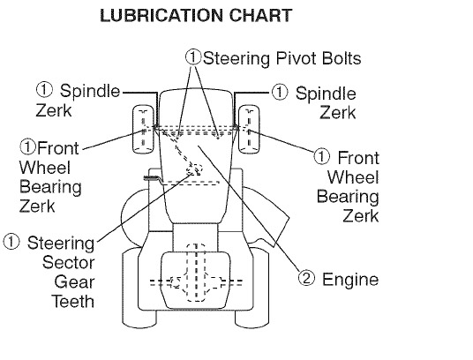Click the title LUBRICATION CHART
click(196, 15)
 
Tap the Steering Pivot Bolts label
click(282, 58)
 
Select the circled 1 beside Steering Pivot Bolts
click(193, 57)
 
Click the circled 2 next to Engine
click(306, 278)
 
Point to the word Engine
click(350, 279)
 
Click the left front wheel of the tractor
click(143, 129)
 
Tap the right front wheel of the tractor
click(249, 129)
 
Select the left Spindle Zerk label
click(78, 101)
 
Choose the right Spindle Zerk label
click(326, 103)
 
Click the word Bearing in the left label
click(50, 187)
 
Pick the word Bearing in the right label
click(348, 197)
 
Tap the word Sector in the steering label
click(69, 263)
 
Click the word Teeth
click(72, 301)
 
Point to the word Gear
click(74, 281)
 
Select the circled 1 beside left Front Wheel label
click(27, 146)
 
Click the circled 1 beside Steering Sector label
click(11, 242)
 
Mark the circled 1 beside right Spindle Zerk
click(280, 92)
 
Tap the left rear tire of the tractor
click(139, 288)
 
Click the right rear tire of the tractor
click(252, 288)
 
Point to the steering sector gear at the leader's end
click(195, 169)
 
